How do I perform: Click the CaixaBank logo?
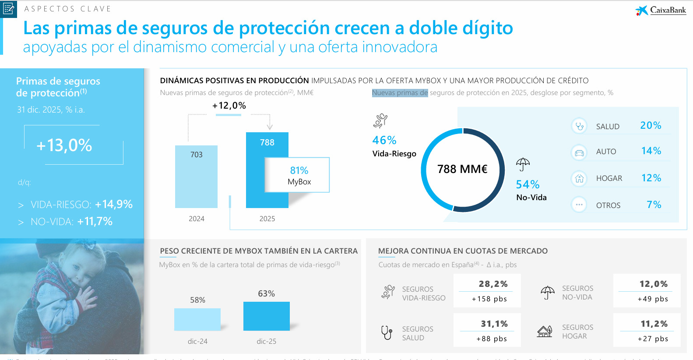click(661, 10)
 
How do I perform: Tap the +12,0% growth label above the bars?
click(229, 106)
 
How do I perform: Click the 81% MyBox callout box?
click(297, 175)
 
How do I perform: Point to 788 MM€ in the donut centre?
click(462, 169)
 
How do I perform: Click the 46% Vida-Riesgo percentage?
click(384, 140)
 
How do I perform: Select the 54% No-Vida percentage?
click(528, 184)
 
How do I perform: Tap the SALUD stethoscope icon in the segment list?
click(579, 126)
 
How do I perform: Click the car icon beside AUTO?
click(579, 152)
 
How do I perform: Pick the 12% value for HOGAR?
click(651, 178)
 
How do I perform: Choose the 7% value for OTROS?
click(654, 205)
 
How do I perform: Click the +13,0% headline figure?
click(64, 145)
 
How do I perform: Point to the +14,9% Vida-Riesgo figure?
click(114, 204)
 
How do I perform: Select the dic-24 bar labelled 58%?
click(197, 319)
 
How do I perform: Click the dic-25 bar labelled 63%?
click(266, 316)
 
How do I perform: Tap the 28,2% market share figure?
click(493, 284)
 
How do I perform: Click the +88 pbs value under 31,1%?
click(491, 339)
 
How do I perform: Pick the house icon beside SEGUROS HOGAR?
click(545, 332)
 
